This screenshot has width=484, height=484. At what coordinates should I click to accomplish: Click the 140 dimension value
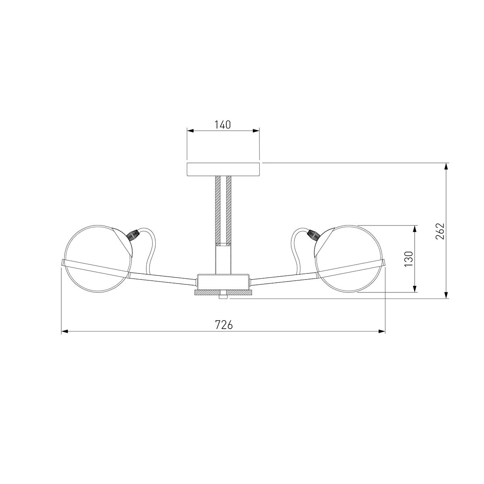[x=223, y=125]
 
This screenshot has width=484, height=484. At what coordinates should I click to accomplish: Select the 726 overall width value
[x=224, y=325]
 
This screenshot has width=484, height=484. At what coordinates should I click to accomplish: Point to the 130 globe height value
[x=409, y=259]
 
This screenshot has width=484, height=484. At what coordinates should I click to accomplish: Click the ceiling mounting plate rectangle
[x=223, y=169]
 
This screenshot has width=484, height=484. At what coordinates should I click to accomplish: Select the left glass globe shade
[x=98, y=259]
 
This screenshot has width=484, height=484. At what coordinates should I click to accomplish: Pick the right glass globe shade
[x=349, y=259]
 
